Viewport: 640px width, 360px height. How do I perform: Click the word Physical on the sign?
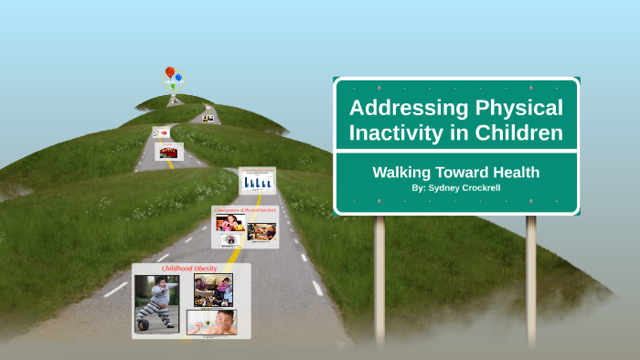point(517,108)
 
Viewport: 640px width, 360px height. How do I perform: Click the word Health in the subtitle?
point(515,172)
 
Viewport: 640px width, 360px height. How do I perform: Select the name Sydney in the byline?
point(448,187)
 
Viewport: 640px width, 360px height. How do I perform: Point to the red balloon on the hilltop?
point(169,71)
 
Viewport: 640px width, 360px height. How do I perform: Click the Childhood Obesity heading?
point(189,269)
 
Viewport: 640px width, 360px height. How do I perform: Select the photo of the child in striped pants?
point(157,303)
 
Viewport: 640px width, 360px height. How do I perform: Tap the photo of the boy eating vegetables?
point(212,322)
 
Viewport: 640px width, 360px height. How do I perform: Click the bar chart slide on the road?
point(257,180)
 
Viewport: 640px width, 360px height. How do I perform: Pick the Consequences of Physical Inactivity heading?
point(245,210)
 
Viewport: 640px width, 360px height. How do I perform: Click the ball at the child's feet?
point(144,323)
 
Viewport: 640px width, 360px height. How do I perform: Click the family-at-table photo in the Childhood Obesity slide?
point(213,290)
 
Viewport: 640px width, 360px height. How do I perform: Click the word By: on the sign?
point(418,187)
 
